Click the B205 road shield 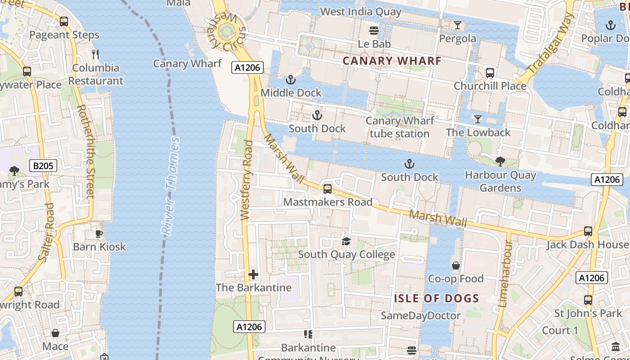point(43,166)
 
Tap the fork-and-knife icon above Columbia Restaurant point(95,54)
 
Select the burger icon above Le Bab point(374,31)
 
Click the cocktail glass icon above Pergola point(458,25)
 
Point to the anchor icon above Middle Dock point(291,80)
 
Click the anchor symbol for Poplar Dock point(611,25)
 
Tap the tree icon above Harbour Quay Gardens point(500,162)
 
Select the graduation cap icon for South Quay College point(346,242)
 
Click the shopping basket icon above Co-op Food point(456,265)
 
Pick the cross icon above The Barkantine point(253,274)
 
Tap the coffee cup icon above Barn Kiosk point(99,234)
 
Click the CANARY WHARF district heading point(392,60)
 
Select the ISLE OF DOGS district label point(436,298)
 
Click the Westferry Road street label point(246,180)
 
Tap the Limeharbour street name point(506,273)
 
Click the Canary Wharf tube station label point(400,127)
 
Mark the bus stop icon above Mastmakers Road point(328,189)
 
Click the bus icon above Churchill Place point(490,72)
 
